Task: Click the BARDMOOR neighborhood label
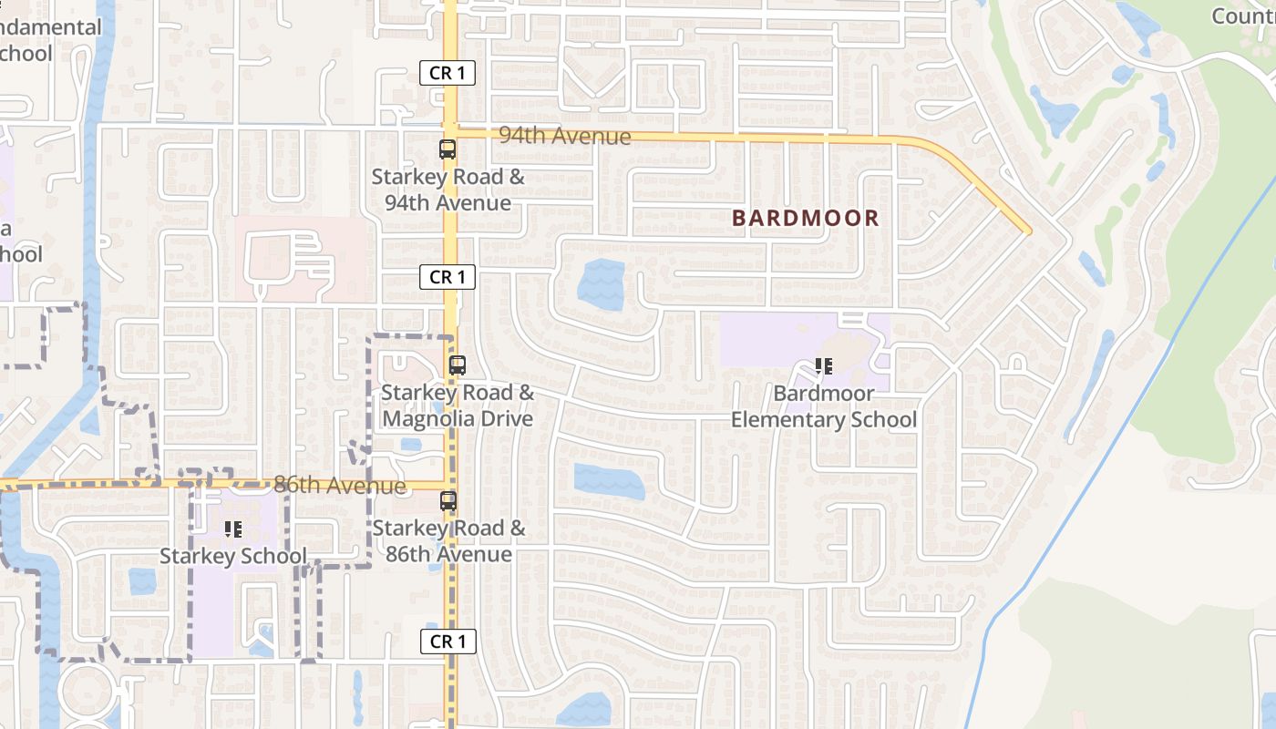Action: pyautogui.click(x=806, y=218)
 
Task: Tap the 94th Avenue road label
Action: pyautogui.click(x=565, y=136)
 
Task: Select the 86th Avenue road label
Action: pyautogui.click(x=339, y=485)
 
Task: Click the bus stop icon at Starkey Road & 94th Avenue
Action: pyautogui.click(x=448, y=150)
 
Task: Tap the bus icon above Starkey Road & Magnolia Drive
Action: pyautogui.click(x=458, y=365)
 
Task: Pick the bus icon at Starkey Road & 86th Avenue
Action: pyautogui.click(x=448, y=500)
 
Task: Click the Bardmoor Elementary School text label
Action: pyautogui.click(x=824, y=406)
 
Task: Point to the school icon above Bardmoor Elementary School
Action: pyautogui.click(x=824, y=366)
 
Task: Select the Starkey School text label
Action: pyautogui.click(x=233, y=556)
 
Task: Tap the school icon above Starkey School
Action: pyautogui.click(x=232, y=529)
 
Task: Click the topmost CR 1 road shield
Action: pyautogui.click(x=448, y=73)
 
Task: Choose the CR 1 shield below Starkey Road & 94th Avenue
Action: pyautogui.click(x=448, y=277)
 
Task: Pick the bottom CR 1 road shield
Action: pyautogui.click(x=448, y=642)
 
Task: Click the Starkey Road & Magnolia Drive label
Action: pyautogui.click(x=458, y=406)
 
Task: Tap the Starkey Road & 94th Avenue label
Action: pyautogui.click(x=448, y=190)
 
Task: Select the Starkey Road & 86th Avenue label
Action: pyautogui.click(x=448, y=541)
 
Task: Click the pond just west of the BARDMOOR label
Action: pyautogui.click(x=602, y=284)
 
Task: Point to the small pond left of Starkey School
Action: pyautogui.click(x=142, y=581)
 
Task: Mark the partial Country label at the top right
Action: pyautogui.click(x=1243, y=16)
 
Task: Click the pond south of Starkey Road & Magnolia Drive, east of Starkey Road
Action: pyautogui.click(x=609, y=481)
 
